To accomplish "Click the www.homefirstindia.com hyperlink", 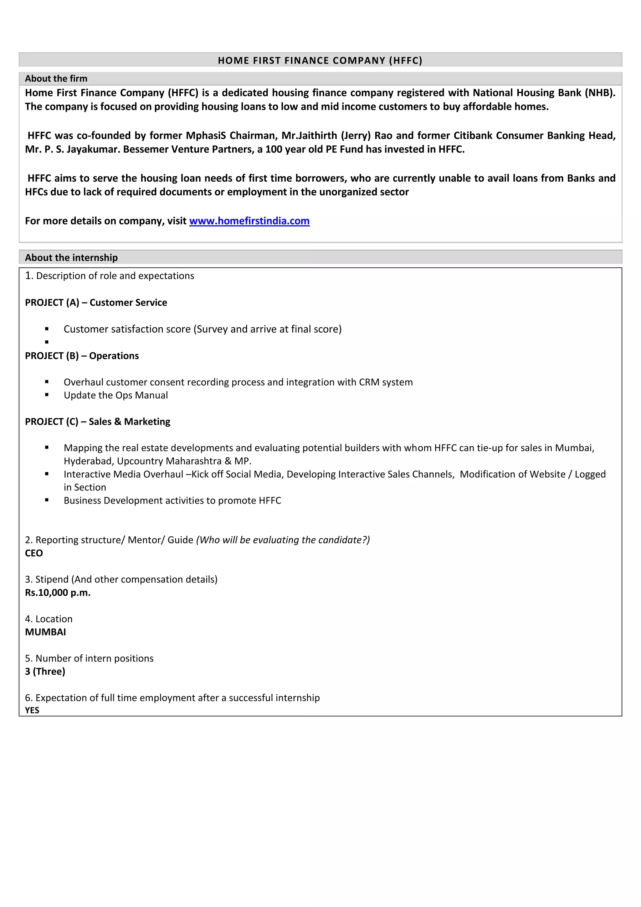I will (249, 221).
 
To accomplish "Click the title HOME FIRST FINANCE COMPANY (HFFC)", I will (320, 60).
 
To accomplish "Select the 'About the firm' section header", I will (56, 79).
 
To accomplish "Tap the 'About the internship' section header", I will (71, 257).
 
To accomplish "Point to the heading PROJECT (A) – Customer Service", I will (96, 303).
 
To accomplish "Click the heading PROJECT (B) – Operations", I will (82, 356).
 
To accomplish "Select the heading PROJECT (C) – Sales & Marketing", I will (97, 422).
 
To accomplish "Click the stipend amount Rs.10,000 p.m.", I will (58, 593).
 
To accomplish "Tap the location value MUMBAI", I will (45, 632).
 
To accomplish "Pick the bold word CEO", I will (34, 553).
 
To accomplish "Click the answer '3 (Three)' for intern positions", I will (45, 671).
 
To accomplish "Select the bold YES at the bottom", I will (32, 710).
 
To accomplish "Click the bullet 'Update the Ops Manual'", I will (115, 396).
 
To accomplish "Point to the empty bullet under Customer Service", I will (47, 342).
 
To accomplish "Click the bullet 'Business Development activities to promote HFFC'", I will (172, 500).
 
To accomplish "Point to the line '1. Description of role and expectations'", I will (109, 276).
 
